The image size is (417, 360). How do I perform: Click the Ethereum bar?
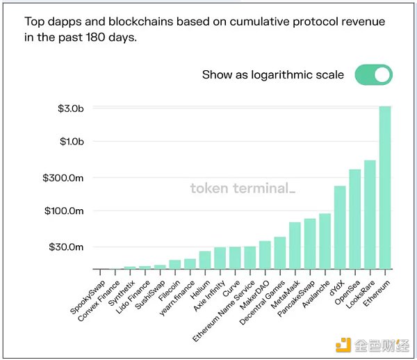point(385,188)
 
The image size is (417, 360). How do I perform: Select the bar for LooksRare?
point(370,215)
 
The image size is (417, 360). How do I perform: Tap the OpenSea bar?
point(354,220)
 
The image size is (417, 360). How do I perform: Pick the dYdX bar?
point(340,228)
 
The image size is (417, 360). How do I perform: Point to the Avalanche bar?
point(325,242)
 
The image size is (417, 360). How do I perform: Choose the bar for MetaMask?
point(295,246)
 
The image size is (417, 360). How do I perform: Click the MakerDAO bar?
point(265,255)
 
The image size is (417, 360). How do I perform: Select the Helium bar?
point(205,261)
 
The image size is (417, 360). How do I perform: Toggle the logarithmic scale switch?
point(374,75)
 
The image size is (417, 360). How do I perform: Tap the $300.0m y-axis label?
point(64,178)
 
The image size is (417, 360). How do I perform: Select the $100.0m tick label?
point(64,211)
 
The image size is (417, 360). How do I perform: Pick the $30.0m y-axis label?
point(67,247)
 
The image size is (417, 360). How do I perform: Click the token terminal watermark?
point(243,188)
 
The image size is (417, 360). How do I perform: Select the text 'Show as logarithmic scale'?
point(272,75)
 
